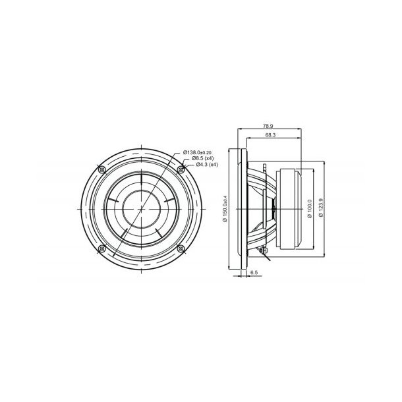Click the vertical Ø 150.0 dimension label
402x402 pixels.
click(225, 208)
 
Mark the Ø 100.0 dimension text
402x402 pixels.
click(310, 208)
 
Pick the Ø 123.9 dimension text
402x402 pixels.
click(320, 208)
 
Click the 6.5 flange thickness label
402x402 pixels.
click(254, 271)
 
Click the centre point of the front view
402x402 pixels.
click(141, 208)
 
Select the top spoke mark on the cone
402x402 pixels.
click(141, 173)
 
